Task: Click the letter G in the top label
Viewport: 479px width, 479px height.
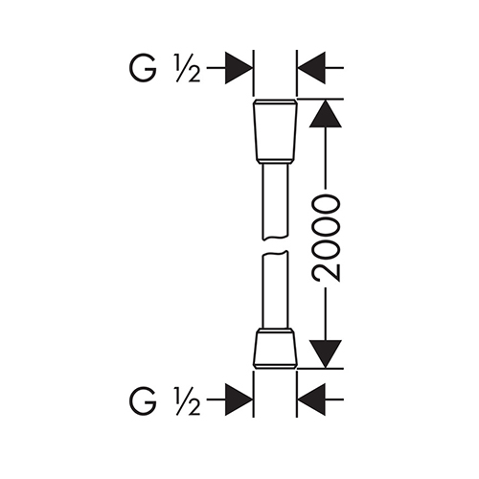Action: coord(143,68)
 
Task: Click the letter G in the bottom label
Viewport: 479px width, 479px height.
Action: coord(143,399)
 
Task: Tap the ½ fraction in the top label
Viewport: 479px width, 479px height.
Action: coord(188,68)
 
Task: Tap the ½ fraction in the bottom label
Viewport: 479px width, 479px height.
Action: coord(188,400)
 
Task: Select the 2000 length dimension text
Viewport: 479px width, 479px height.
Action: coord(326,239)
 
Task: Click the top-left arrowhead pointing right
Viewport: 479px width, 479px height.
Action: coord(239,68)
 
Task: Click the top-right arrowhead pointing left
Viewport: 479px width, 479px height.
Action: coord(311,68)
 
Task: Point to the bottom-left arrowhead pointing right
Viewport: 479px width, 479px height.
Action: coord(239,399)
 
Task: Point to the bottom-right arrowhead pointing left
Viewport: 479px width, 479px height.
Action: coord(311,399)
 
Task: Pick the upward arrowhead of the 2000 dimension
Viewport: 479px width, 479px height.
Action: coord(326,113)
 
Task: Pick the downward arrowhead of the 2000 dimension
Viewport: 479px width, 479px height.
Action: coord(326,354)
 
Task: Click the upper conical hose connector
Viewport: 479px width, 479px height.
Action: coord(275,131)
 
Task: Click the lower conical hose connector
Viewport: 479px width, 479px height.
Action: coord(275,350)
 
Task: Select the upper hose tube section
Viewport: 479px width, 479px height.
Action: coord(275,202)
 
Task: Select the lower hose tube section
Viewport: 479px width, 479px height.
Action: coord(275,289)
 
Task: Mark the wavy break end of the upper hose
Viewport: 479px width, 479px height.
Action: coord(275,238)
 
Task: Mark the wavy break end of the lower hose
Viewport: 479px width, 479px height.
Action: coord(275,253)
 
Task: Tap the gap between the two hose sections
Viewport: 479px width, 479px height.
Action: coord(275,245)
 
